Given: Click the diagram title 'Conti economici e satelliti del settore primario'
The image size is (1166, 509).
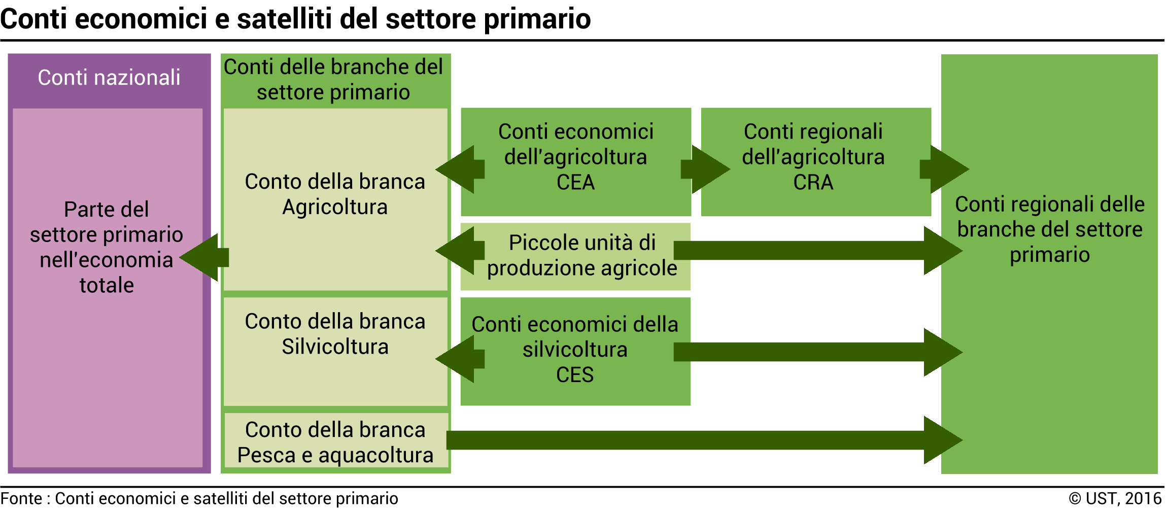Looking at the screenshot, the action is (295, 19).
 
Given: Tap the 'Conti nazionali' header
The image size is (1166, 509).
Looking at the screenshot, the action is (109, 78).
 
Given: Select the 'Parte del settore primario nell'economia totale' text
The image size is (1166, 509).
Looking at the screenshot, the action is (107, 247).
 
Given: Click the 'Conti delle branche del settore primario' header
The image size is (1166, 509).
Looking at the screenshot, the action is (333, 80).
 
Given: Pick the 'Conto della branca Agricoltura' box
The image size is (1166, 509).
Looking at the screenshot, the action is (335, 199).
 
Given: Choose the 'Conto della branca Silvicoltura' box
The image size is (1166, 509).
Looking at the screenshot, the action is (335, 351).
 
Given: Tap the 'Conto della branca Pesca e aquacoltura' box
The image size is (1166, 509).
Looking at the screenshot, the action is (336, 440).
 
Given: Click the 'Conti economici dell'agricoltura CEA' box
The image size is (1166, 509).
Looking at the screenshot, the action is (576, 162).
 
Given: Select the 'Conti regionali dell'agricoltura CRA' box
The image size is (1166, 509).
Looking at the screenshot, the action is (816, 162).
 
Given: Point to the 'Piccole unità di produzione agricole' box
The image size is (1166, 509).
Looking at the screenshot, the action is (576, 257).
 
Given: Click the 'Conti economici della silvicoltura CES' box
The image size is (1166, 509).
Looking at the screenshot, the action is (575, 351).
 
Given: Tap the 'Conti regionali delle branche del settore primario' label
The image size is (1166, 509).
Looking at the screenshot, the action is (1050, 229).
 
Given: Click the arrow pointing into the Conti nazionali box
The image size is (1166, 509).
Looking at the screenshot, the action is (204, 257).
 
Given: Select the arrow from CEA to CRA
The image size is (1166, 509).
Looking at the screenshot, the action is (706, 169).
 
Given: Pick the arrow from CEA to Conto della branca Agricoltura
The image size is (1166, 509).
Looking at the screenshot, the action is (460, 169).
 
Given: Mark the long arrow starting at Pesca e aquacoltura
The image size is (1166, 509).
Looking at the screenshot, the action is (705, 440).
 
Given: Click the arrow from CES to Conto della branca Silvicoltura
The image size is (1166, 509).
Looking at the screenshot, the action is (460, 359).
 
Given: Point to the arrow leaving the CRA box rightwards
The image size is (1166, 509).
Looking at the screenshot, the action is (945, 169).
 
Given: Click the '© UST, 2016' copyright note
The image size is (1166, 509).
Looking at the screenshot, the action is (1115, 498).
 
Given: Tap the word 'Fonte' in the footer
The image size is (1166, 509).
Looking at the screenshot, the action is (21, 498).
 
